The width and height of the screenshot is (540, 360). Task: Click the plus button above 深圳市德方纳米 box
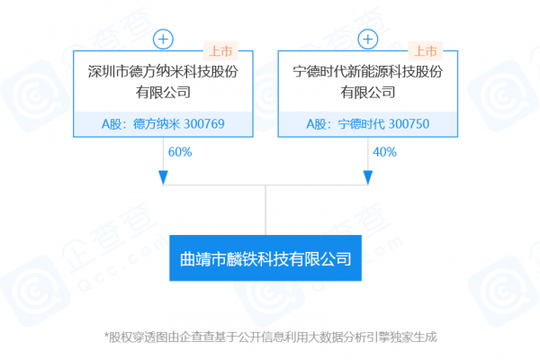pos(163,40)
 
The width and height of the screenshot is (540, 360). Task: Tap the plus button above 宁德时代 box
pos(368,40)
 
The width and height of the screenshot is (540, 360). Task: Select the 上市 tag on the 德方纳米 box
pos(220,51)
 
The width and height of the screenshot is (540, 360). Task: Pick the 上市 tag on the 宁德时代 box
pos(426,51)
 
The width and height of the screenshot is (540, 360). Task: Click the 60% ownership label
pos(180,152)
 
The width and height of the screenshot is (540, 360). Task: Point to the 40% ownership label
pos(384,152)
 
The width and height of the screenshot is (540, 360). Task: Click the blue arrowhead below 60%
pos(163,177)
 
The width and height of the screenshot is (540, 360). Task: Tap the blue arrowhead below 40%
pos(368,177)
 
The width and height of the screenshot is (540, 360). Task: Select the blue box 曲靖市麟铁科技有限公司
pos(265,258)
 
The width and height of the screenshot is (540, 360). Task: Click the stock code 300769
pos(204,124)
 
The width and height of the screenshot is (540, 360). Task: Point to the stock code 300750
pos(409,124)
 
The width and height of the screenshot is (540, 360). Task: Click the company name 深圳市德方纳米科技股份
pos(163,72)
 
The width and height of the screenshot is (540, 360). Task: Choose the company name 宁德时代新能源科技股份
pos(368,72)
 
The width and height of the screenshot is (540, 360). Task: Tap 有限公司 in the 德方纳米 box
pos(163,93)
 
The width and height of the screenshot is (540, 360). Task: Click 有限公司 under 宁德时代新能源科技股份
pos(368,93)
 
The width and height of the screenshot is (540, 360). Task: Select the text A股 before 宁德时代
pos(316,124)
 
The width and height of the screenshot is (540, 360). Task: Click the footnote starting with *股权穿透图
pos(271,337)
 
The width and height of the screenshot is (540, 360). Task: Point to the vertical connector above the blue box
pos(265,210)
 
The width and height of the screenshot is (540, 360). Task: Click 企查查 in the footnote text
pos(196,337)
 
